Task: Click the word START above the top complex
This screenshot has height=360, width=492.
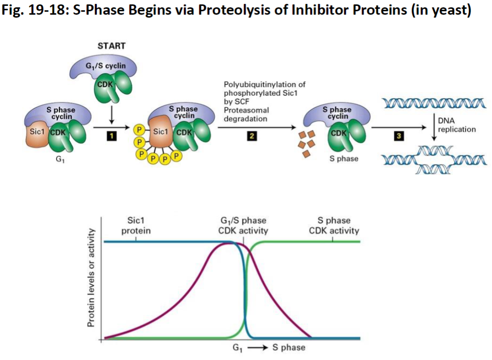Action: click(x=112, y=46)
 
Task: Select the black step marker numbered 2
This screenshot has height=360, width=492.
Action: click(x=252, y=136)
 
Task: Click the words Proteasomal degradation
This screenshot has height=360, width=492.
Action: click(x=246, y=115)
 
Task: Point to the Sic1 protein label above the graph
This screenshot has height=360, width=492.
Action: click(x=136, y=226)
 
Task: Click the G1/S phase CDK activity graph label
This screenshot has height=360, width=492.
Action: click(x=244, y=226)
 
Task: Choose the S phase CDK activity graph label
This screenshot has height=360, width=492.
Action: click(x=334, y=226)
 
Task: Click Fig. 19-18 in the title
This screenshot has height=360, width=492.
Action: click(x=34, y=10)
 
